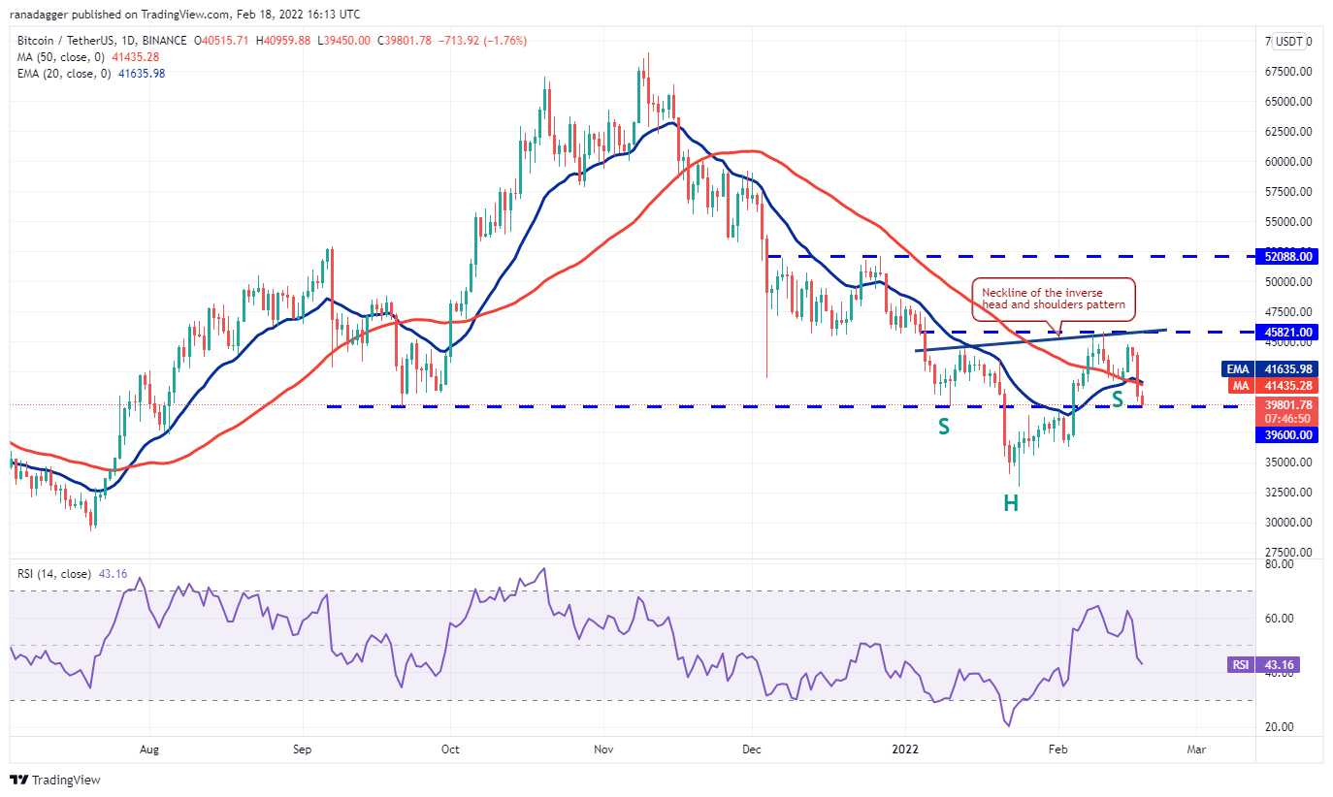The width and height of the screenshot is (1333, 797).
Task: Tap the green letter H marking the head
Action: [1010, 503]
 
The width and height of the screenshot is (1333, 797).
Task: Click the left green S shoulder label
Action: [942, 427]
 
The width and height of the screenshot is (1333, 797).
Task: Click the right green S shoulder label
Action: [1117, 398]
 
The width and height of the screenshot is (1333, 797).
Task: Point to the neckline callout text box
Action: [1053, 298]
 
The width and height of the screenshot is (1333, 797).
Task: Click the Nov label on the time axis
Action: [603, 749]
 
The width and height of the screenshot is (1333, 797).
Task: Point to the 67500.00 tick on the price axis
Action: [1289, 72]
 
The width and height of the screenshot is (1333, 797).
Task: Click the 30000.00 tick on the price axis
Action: [1289, 523]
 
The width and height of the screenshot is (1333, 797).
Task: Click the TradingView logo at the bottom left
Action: [55, 780]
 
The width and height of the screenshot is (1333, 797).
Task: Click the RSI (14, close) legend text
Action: [54, 574]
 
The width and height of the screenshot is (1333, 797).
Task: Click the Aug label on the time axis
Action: [148, 749]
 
